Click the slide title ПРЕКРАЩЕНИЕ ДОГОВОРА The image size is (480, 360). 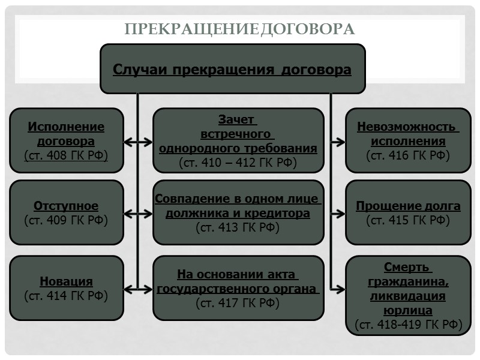pos(239,29)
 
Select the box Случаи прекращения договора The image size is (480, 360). pos(232,69)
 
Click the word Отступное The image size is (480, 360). pos(66,206)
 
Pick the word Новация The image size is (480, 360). pos(66,281)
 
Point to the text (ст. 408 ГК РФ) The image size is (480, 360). pos(66,156)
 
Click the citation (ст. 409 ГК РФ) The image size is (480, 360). pos(66,220)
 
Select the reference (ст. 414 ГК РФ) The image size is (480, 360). pos(66,295)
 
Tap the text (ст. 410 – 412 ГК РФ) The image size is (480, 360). pos(238,162)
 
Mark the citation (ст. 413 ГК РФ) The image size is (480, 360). pos(238,227)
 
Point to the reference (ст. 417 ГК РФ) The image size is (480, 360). pos(238,303)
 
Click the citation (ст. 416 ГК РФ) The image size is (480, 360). pos(408,155)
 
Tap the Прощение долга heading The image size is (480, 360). pos(408,206)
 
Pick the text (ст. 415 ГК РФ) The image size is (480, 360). pos(408,220)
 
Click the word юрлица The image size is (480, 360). pos(408,311)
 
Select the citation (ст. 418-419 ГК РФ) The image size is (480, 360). pos(408,325)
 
